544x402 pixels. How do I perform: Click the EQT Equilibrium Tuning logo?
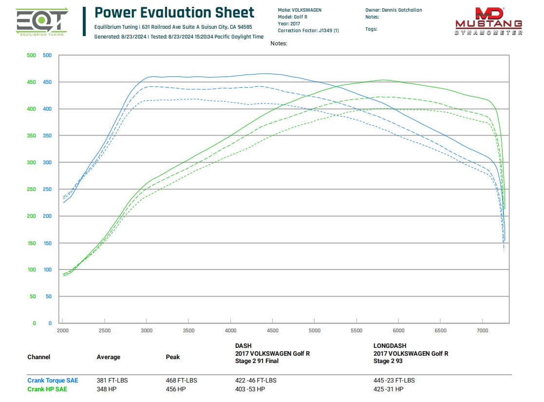coord(42,22)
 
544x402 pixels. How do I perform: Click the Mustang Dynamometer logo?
coord(488,22)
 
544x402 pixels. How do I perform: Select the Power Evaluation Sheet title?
coord(174,13)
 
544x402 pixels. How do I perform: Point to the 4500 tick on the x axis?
coord(273,331)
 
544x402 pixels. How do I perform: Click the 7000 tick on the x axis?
coord(482,331)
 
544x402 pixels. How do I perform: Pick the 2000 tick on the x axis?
coord(63,331)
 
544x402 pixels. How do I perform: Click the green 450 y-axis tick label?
coord(31,82)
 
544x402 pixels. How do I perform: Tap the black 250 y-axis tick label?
coord(47,189)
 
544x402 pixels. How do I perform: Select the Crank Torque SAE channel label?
coord(53,381)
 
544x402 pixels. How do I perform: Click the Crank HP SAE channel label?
coord(47,389)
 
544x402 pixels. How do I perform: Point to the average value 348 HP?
coord(107,389)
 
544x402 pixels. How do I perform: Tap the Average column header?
coord(108,357)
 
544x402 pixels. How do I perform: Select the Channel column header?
coord(38,357)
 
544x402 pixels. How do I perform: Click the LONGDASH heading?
coord(390,345)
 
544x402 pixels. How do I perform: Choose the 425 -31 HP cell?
coord(388,389)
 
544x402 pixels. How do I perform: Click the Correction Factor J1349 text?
coord(308,31)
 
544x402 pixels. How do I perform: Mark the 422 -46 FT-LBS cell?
coord(256,381)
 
